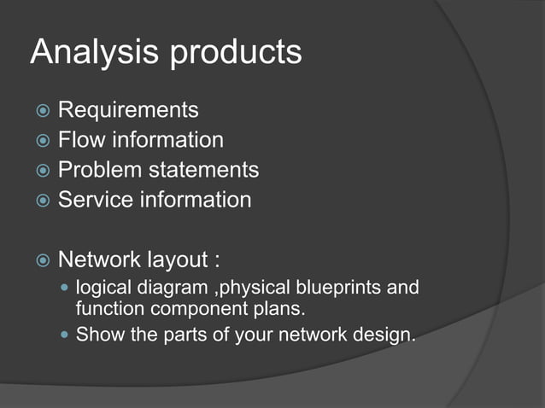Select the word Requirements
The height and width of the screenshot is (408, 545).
coord(128,110)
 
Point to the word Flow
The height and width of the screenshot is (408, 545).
coord(79,140)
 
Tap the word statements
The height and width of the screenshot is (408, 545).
coord(204,170)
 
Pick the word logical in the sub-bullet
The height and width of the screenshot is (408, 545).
coord(102,287)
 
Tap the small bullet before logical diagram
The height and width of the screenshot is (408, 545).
coord(66,288)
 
